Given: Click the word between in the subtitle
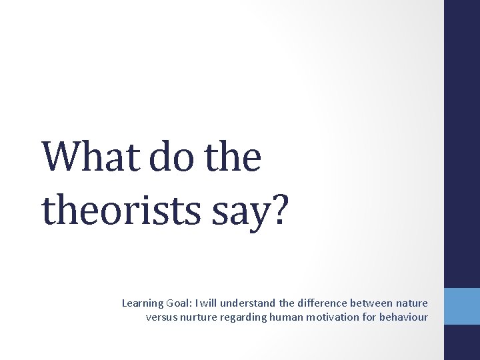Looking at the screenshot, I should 373,303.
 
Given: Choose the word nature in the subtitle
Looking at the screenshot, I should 412,303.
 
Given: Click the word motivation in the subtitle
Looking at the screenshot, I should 333,317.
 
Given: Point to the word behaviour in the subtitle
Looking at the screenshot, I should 403,317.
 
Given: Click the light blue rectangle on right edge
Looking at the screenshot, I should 462,306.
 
